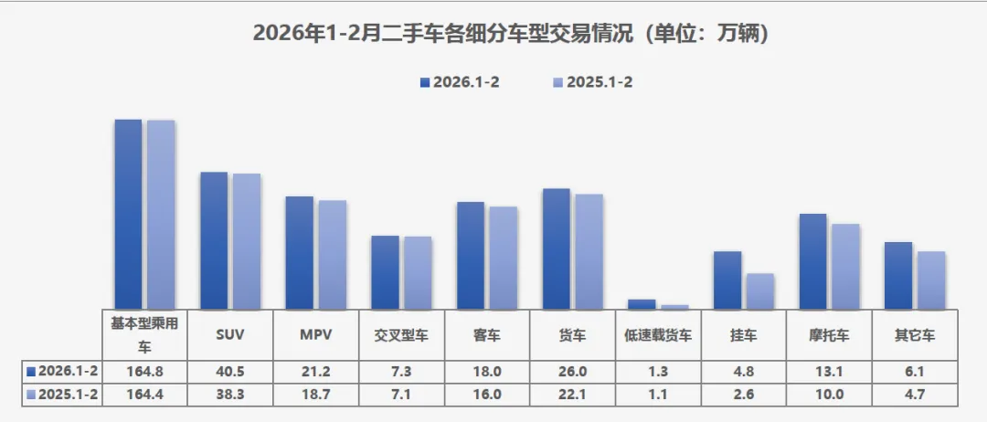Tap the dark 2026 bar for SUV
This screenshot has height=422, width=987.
point(214,241)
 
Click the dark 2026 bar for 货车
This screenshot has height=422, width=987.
point(557,248)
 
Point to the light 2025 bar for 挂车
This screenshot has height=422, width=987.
point(760,291)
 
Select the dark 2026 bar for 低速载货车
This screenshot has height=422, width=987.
point(642,304)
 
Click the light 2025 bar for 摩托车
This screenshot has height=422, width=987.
point(845,266)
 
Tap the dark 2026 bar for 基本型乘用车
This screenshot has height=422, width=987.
point(128,215)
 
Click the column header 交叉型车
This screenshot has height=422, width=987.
point(402,335)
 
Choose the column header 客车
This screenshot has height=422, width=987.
point(487,335)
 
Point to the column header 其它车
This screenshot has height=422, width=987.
point(915,335)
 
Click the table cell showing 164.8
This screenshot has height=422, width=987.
point(144,372)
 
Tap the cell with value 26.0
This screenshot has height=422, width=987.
point(573,372)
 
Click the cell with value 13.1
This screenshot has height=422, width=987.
point(830,372)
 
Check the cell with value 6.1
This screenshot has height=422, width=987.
point(915,372)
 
